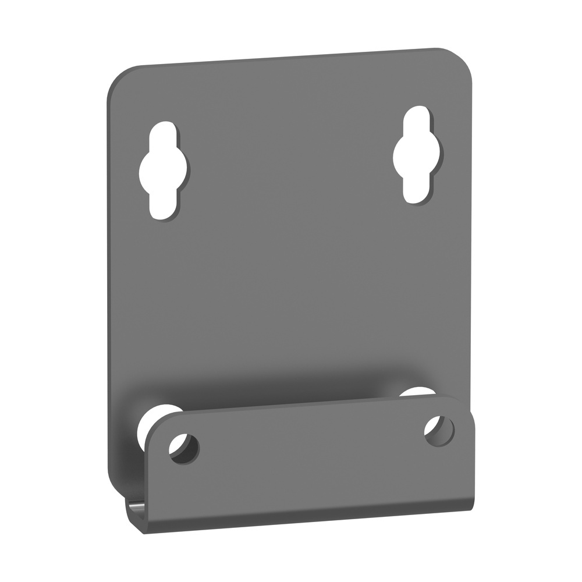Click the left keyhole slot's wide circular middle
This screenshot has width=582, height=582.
[164, 170]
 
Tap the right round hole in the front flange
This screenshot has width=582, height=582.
[439, 431]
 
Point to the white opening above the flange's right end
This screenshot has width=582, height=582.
[417, 392]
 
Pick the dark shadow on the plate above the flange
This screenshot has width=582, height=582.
[279, 387]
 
